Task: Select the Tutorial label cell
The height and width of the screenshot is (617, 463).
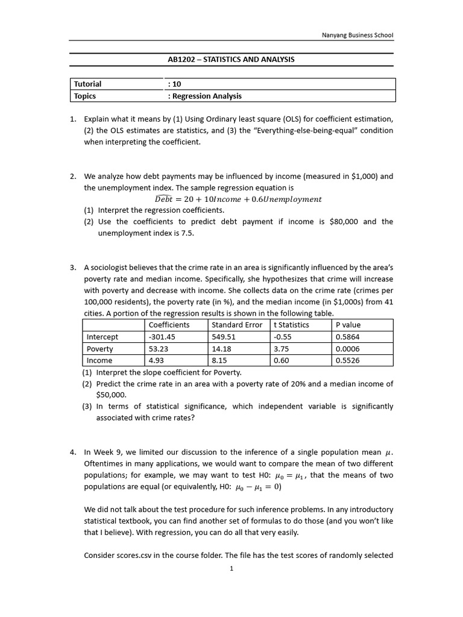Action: [x=87, y=84]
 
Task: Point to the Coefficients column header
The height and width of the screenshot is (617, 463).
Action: [x=169, y=325]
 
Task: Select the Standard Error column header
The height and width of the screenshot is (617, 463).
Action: [x=237, y=325]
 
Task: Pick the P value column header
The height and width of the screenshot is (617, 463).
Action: [x=348, y=325]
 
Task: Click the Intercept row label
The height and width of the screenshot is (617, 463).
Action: [x=102, y=337]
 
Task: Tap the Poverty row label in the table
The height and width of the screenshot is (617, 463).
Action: [x=100, y=349]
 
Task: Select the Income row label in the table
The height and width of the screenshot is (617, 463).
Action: [x=99, y=360]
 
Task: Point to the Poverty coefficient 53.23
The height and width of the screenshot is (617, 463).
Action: [x=158, y=349]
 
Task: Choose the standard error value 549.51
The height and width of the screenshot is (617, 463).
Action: [x=224, y=337]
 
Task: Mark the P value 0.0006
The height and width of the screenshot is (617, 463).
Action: [x=347, y=349]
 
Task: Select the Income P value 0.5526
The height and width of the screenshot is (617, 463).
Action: [x=347, y=360]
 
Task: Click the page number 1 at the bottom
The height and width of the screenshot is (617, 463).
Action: [x=231, y=568]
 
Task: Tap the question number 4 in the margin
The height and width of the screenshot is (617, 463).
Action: [x=72, y=451]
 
